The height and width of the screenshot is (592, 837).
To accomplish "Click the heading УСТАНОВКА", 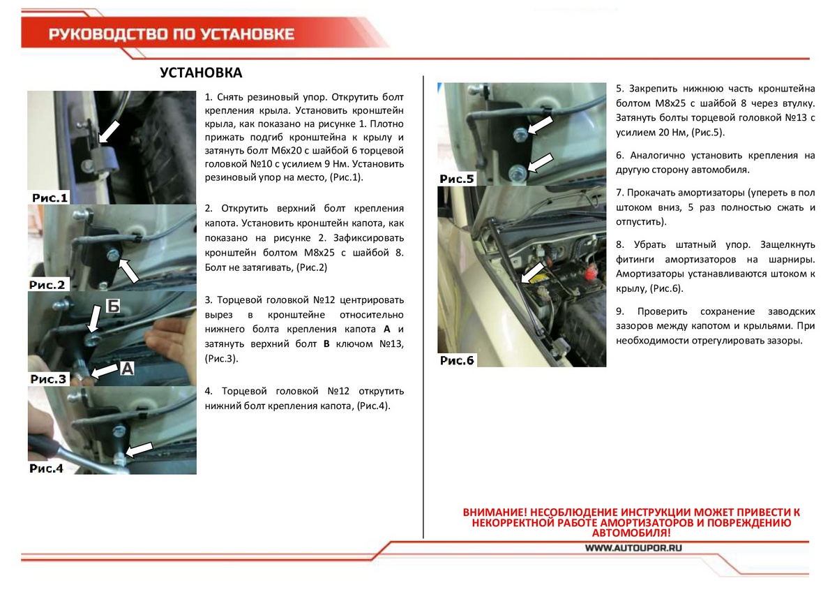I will [x=201, y=73].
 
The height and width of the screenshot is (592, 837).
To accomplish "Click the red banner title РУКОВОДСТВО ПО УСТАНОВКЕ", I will [x=171, y=34].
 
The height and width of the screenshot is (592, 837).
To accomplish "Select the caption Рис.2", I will [x=47, y=285].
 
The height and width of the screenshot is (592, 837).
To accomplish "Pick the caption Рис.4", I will [x=47, y=468].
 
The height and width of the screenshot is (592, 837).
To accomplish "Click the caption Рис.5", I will [x=457, y=179].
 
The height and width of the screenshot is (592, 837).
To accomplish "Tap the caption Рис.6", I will [x=457, y=360].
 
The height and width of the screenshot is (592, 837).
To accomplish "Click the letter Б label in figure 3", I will [x=113, y=305].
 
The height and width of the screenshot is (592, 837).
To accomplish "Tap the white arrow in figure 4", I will [x=139, y=449].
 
